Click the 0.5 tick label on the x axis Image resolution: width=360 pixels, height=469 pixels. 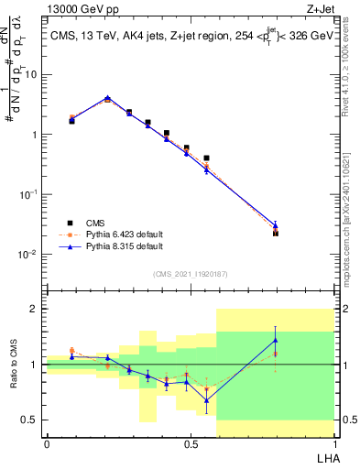pyautogui.click(x=191, y=445)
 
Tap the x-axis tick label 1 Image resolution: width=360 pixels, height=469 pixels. pyautogui.click(x=335, y=445)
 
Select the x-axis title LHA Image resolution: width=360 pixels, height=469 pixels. pyautogui.click(x=325, y=458)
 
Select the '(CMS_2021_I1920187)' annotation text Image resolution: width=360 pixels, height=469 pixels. pyautogui.click(x=191, y=273)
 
